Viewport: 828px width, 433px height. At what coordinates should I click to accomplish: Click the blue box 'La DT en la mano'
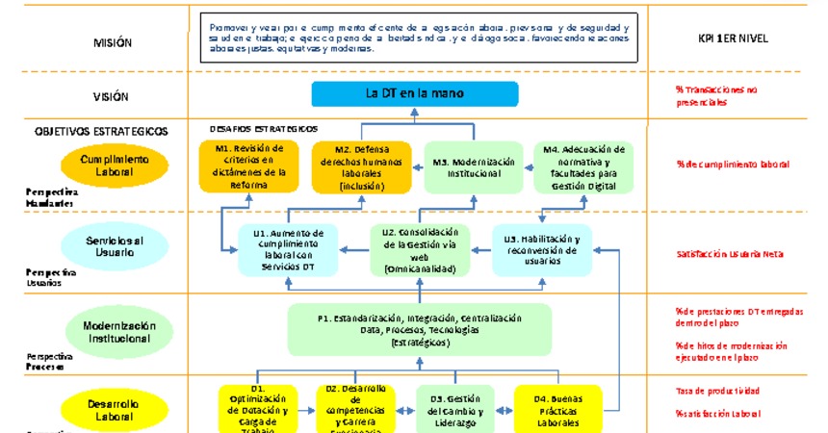(x=415, y=93)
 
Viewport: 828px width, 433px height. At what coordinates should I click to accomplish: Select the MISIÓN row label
(x=113, y=43)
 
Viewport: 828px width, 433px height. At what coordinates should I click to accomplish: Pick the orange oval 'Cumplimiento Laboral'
(x=114, y=166)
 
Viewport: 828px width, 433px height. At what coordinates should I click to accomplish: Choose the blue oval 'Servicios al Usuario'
(x=113, y=245)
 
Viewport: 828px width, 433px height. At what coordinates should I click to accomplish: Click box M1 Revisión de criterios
(x=249, y=166)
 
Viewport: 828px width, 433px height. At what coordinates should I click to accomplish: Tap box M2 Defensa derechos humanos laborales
(x=361, y=166)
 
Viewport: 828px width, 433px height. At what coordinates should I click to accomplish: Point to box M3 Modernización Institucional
(x=473, y=167)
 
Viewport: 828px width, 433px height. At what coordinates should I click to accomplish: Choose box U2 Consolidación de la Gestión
(x=419, y=250)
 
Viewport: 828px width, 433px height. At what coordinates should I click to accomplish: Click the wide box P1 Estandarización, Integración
(x=419, y=329)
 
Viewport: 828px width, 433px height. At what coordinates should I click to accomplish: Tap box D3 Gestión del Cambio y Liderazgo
(x=454, y=409)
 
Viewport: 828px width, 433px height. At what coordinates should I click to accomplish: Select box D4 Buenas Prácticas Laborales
(x=558, y=409)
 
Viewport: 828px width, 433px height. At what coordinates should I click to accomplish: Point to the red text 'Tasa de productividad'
(x=717, y=391)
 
